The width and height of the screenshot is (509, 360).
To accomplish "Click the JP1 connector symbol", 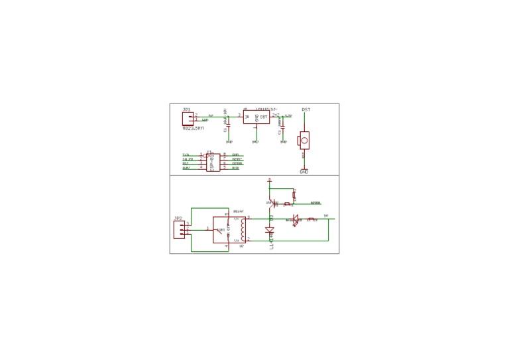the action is pos(188,119).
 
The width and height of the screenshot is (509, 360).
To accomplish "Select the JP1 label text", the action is pos(187,109).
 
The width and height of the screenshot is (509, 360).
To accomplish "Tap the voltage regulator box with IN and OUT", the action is pos(256,117).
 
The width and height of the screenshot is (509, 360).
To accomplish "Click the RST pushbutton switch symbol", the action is pos(304,140).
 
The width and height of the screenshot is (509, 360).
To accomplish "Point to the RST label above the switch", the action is pos(306,109).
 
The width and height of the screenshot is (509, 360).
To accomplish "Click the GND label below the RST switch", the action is pos(304,172).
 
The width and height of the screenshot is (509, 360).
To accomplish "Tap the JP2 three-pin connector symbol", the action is pos(179,229).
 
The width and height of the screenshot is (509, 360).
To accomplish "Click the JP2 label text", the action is pos(178,218).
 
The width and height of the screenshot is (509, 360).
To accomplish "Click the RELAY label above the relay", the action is pos(238,211).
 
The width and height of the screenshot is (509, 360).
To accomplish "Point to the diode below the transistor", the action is pos(270,230).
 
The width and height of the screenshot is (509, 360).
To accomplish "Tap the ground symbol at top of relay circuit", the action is pos(270,180).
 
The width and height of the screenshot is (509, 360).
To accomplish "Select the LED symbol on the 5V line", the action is pos(295,219).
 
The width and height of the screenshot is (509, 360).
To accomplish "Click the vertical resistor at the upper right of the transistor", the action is pos(294,194).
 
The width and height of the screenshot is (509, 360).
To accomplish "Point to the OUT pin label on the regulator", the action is pos(264,117).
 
